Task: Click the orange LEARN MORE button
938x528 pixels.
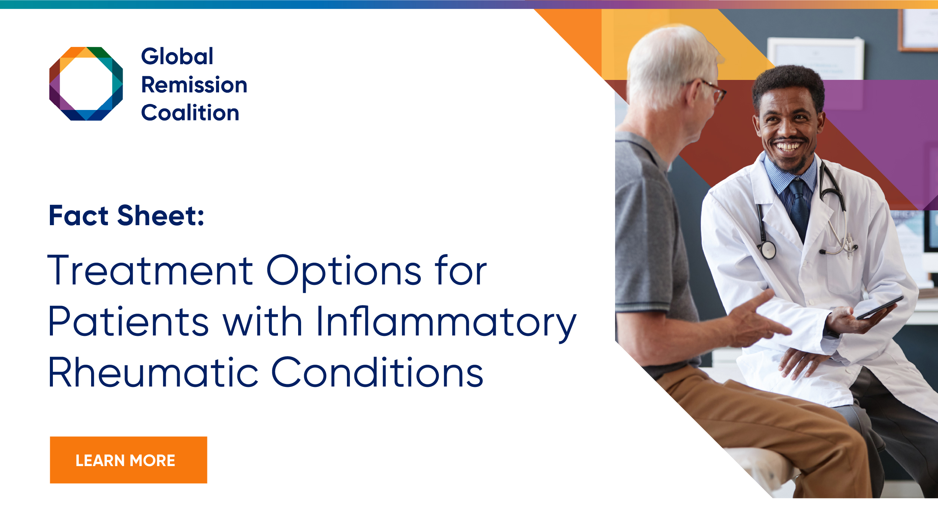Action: click(x=128, y=460)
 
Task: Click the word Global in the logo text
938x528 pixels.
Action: click(x=177, y=56)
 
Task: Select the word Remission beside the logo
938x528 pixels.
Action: click(x=194, y=85)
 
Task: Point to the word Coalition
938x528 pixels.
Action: click(x=190, y=113)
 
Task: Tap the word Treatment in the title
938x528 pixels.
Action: click(x=150, y=270)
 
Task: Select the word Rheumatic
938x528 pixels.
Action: click(x=153, y=372)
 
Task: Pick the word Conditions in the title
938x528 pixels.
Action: click(x=377, y=372)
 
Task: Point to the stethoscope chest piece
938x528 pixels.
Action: click(x=767, y=250)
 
